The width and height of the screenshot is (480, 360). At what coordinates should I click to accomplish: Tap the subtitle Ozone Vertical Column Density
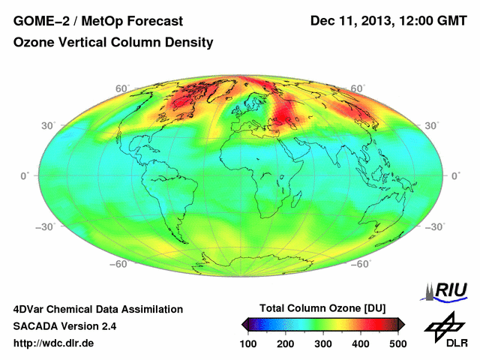point(113,43)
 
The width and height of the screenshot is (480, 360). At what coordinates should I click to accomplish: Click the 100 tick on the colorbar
point(248,343)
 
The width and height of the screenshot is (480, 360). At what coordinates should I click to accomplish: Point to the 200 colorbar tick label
point(286,343)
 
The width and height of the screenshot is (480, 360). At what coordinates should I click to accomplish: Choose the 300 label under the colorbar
point(323,343)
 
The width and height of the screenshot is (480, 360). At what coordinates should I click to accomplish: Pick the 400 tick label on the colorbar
point(361,343)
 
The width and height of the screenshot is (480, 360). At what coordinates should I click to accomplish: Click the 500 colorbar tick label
point(397,343)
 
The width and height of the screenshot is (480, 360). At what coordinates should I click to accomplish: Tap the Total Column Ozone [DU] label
point(322,308)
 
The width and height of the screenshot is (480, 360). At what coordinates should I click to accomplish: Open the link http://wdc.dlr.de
point(54,343)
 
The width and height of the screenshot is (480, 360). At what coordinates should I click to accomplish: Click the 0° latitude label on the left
point(25,175)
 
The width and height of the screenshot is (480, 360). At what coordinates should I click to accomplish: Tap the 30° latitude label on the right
point(433,125)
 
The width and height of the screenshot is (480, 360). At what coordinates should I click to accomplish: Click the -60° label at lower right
point(363,264)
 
